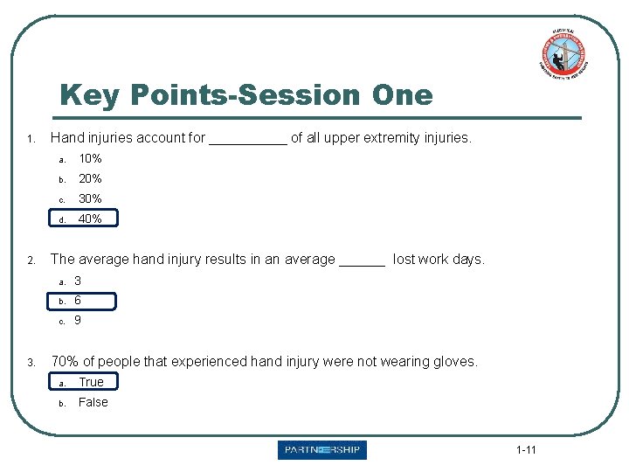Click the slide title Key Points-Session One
pyautogui.click(x=245, y=94)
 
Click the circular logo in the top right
pyautogui.click(x=563, y=54)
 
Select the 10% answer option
pyautogui.click(x=90, y=159)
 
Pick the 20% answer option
pyautogui.click(x=90, y=179)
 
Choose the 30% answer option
pyautogui.click(x=90, y=199)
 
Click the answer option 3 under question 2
pyautogui.click(x=78, y=281)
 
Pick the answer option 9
pyautogui.click(x=78, y=321)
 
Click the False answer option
pyautogui.click(x=93, y=402)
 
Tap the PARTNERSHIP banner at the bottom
pyautogui.click(x=322, y=450)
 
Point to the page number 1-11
pyautogui.click(x=526, y=451)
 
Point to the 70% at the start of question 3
pyautogui.click(x=64, y=361)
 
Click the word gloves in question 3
pyautogui.click(x=456, y=362)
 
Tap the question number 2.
pyautogui.click(x=31, y=260)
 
